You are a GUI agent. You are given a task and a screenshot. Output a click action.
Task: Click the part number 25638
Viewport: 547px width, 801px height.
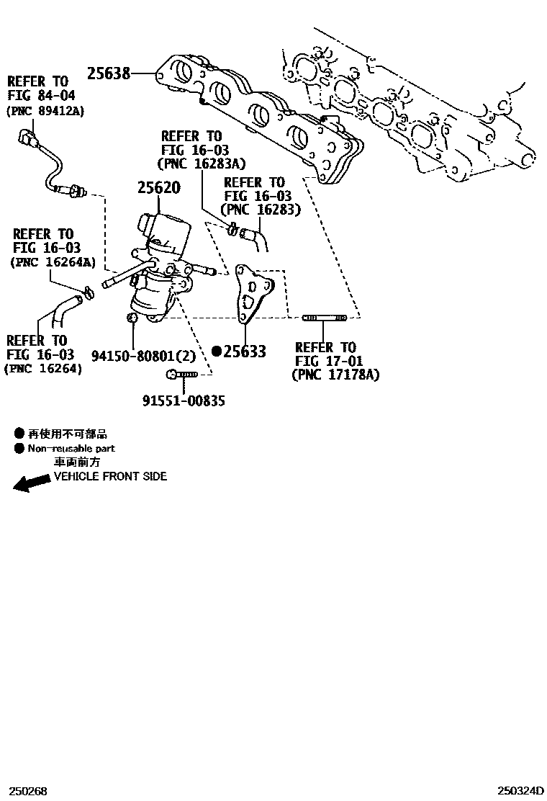coord(109,73)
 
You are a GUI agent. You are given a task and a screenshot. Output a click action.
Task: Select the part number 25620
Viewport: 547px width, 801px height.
coord(159,188)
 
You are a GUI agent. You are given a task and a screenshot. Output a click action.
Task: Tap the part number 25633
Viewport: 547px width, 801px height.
coord(245,352)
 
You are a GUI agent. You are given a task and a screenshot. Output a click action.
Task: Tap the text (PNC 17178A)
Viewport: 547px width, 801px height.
coord(335,375)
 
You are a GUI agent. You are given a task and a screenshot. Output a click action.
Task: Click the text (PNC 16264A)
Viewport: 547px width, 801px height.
coord(53,262)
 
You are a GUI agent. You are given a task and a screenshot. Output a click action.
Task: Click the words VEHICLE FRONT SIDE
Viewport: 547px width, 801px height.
coord(111,476)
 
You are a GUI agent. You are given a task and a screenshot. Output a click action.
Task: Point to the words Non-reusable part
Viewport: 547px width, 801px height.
coord(71,448)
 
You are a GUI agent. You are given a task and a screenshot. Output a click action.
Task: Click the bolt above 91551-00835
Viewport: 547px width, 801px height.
coord(182,375)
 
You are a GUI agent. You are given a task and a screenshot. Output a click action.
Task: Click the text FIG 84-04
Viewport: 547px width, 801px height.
coord(41,96)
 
